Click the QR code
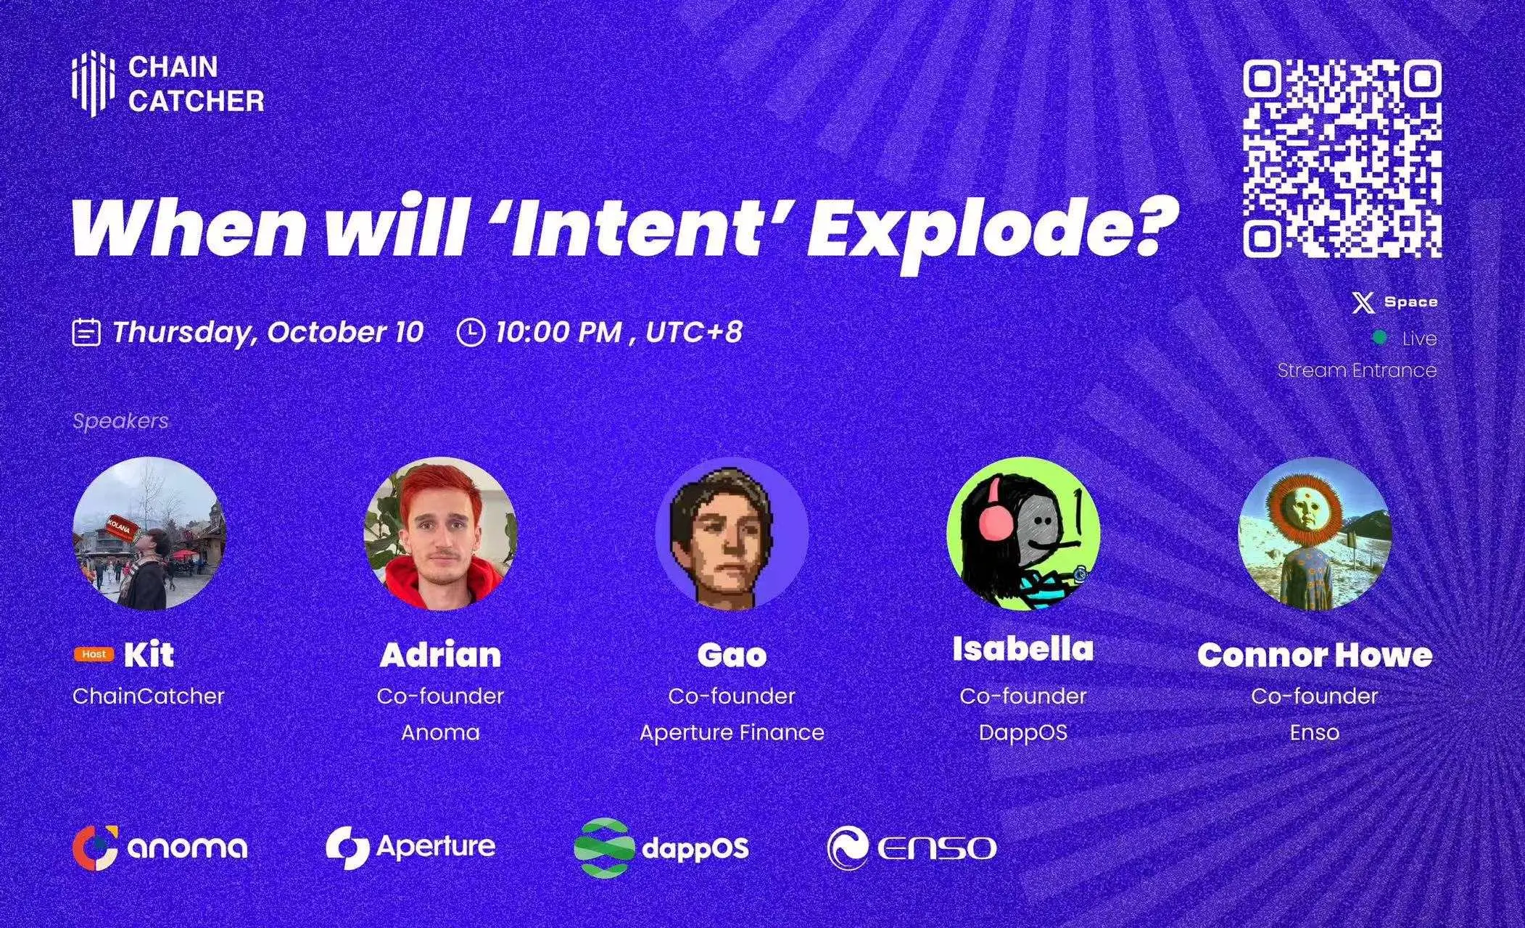(1342, 159)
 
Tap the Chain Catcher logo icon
(94, 84)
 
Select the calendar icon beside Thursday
(86, 333)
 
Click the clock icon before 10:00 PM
(471, 333)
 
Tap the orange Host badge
(94, 654)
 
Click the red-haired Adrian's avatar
(440, 533)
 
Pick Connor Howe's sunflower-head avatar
(1314, 533)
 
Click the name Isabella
(1022, 649)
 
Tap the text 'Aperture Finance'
(731, 732)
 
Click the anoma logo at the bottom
(160, 847)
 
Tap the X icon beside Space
(1363, 302)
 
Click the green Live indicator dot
(1380, 338)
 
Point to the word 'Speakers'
(120, 421)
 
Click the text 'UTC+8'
(693, 332)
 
